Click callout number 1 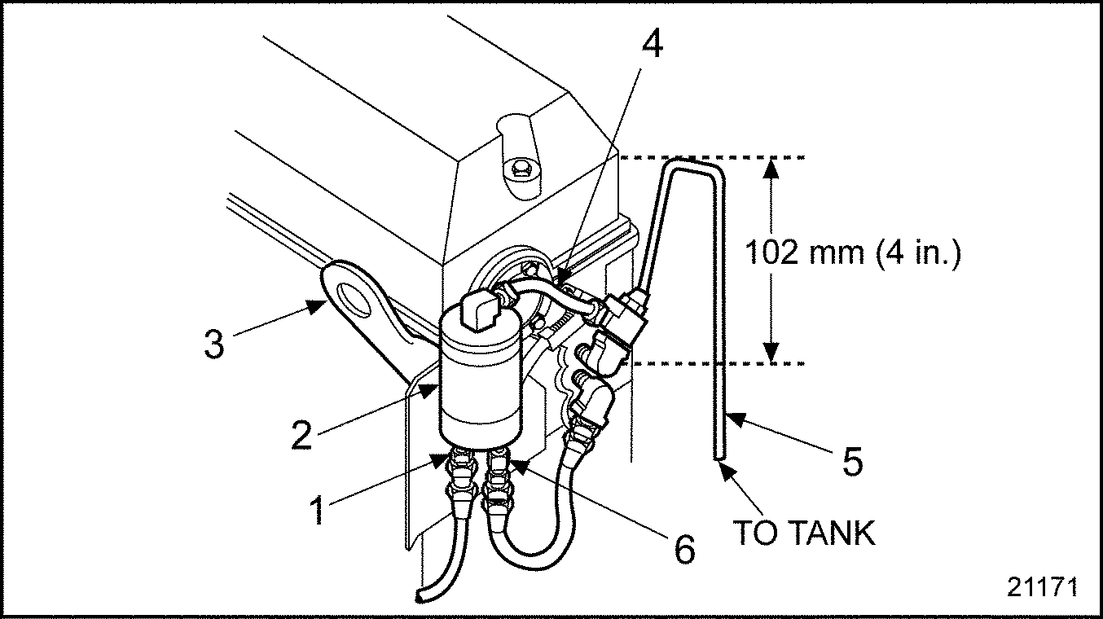coord(318,511)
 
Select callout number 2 coord(301,434)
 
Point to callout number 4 coord(653,43)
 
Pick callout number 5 coord(853,462)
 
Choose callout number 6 coord(684,548)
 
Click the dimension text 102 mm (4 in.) coord(853,252)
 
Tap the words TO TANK coord(804,533)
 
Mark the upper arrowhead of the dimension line coord(771,168)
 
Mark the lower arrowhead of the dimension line coord(771,353)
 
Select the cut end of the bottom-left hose coord(420,596)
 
